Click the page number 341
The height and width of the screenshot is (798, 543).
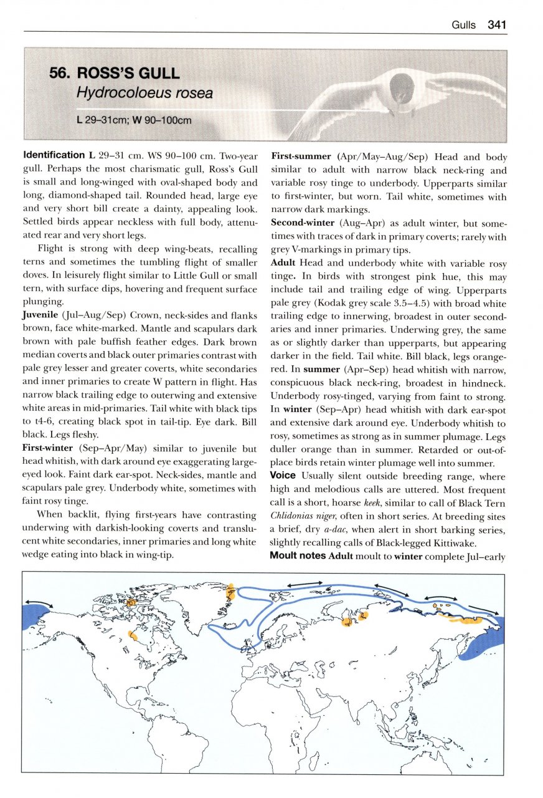pyautogui.click(x=498, y=25)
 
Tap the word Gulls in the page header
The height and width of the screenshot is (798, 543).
pyautogui.click(x=463, y=26)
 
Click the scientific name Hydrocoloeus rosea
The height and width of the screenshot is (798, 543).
pyautogui.click(x=144, y=94)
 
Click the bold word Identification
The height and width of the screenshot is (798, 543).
pyautogui.click(x=53, y=155)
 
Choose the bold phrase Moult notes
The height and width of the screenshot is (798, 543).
pyautogui.click(x=298, y=555)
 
